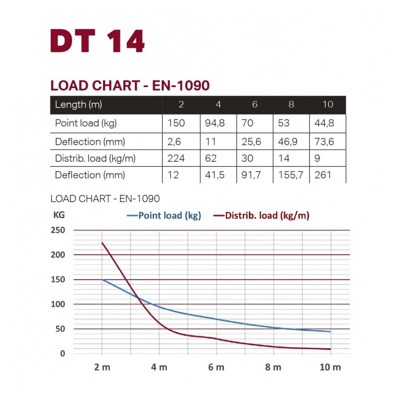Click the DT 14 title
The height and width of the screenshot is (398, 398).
98,41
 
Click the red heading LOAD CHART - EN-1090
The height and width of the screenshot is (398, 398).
130,85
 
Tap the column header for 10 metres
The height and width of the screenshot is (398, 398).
327,104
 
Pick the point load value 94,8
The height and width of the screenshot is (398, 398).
215,123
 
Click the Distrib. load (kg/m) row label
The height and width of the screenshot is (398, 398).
95,158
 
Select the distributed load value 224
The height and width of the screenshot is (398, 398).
176,158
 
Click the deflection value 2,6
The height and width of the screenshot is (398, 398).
174,141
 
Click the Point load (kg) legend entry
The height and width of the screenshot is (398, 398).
164,215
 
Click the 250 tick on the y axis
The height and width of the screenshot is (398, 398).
58,230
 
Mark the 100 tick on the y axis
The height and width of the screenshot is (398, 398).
58,304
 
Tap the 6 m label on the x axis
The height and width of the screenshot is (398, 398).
216,367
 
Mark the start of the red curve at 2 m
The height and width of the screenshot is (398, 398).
102,243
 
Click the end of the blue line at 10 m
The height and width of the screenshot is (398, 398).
330,331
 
